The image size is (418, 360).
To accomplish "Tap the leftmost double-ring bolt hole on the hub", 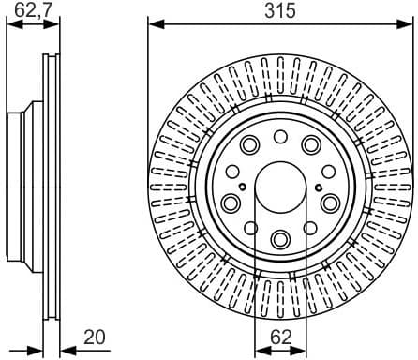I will [230, 203].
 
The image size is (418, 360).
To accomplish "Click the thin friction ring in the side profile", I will [47, 187].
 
